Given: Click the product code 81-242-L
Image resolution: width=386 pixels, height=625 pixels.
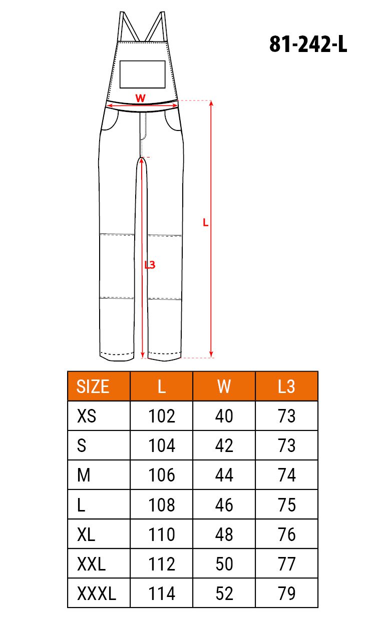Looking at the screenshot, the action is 308,44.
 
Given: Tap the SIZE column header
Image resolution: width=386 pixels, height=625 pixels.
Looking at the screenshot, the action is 93,386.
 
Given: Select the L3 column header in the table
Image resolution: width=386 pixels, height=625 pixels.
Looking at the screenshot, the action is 286,386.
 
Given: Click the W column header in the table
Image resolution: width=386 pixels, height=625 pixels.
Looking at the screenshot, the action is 224,386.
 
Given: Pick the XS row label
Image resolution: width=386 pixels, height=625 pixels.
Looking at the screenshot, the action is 87,416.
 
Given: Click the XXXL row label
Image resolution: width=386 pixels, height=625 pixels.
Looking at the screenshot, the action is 96,593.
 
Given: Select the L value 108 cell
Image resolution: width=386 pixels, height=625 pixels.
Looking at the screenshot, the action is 162,504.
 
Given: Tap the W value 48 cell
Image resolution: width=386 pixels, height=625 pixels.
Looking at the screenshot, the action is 224,534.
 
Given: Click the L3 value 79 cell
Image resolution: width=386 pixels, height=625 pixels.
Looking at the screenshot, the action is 286,593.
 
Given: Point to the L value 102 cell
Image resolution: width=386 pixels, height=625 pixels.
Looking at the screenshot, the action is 162,416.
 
